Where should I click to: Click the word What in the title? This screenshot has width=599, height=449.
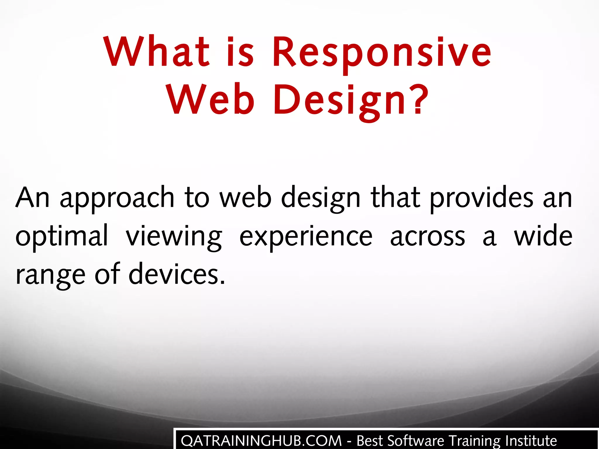[x=156, y=52]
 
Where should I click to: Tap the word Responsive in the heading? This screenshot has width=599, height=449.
[x=382, y=53]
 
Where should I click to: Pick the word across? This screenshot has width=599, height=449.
[x=428, y=236]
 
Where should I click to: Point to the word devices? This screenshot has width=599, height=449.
[x=174, y=274]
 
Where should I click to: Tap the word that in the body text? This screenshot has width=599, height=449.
[x=396, y=198]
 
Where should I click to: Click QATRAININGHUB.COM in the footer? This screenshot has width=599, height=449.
[x=261, y=441]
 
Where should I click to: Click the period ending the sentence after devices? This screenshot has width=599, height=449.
[x=223, y=282]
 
